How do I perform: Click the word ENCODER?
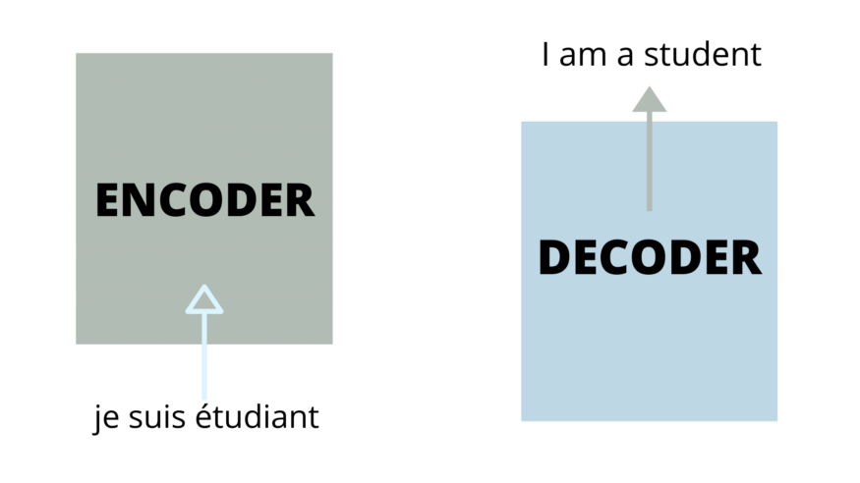click(204, 200)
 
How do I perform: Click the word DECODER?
click(649, 258)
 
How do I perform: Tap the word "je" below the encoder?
click(102, 417)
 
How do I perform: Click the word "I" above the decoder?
click(545, 55)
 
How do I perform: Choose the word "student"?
click(703, 55)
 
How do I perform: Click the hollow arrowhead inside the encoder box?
click(204, 300)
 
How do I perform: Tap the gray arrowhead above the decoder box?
click(649, 99)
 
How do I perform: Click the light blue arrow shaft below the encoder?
click(204, 363)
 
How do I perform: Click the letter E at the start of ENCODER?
click(107, 200)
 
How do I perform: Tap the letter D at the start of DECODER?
click(554, 258)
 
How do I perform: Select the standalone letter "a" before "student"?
click(626, 57)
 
